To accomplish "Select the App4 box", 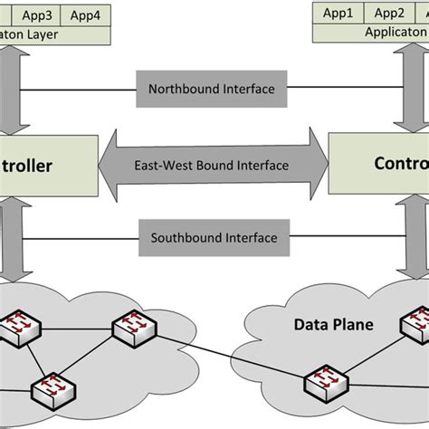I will click(85, 15).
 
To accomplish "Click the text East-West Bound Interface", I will click(211, 165).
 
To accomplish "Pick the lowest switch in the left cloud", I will click(52, 388).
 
